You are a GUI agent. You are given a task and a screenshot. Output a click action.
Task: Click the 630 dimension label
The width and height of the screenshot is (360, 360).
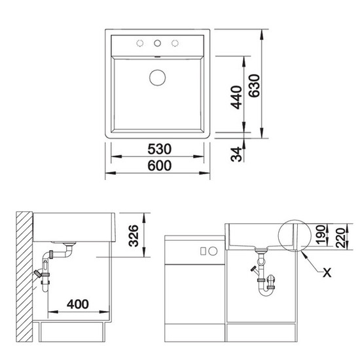[x=255, y=86]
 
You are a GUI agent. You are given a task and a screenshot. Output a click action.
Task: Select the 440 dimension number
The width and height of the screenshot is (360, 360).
[x=236, y=97]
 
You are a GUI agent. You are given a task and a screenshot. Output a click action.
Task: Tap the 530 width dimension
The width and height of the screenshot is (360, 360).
[x=159, y=149]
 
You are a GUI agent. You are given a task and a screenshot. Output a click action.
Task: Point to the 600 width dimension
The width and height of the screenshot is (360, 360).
[x=159, y=166]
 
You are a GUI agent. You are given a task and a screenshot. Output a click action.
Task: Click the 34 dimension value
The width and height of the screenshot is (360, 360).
[x=236, y=154]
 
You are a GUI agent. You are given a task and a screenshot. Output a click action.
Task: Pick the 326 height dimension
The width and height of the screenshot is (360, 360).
[x=134, y=236]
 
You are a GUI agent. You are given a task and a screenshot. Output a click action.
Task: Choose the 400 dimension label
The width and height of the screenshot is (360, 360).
[x=78, y=304]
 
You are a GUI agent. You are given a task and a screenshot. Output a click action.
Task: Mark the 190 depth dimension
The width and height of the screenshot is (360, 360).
[x=321, y=234]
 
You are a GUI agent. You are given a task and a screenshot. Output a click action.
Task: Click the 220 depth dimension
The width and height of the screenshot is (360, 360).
[x=340, y=238]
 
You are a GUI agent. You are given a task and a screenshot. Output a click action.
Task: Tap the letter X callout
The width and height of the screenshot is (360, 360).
[x=327, y=273]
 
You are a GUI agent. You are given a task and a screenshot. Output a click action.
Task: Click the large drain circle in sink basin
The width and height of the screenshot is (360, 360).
[x=158, y=78]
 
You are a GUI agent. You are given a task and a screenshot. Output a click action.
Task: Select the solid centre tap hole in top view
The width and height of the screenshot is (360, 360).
[x=158, y=43]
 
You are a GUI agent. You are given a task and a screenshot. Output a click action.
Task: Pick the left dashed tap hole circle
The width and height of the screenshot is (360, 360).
[x=140, y=43]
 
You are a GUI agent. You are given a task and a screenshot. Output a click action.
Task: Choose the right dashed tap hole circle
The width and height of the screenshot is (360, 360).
[x=175, y=43]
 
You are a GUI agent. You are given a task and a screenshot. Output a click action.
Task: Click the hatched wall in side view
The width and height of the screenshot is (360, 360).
[x=24, y=277]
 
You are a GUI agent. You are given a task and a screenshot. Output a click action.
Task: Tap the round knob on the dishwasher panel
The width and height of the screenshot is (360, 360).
[x=213, y=251]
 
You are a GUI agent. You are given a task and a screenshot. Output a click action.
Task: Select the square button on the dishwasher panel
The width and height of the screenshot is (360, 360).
[x=203, y=251]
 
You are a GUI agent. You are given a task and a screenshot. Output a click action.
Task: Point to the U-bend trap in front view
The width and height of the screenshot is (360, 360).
[x=266, y=292]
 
